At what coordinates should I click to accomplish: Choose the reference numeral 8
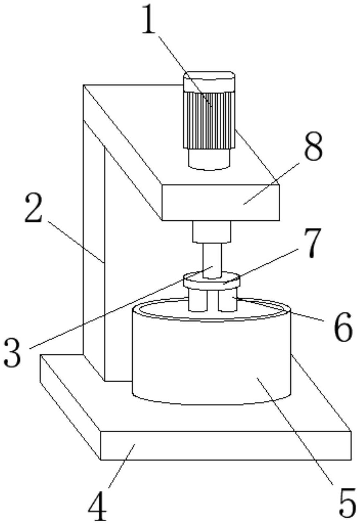point(313,146)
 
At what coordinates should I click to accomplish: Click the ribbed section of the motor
point(209,120)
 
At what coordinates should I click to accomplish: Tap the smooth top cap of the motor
point(209,81)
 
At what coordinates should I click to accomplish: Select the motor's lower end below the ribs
point(209,159)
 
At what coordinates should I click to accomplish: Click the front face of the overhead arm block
point(220,202)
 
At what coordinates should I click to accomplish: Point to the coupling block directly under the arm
point(212,231)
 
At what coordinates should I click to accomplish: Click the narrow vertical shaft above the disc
point(212,260)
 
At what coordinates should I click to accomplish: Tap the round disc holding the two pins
point(212,280)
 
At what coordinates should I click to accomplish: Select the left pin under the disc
point(198,301)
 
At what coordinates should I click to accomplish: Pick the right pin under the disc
point(227,301)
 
